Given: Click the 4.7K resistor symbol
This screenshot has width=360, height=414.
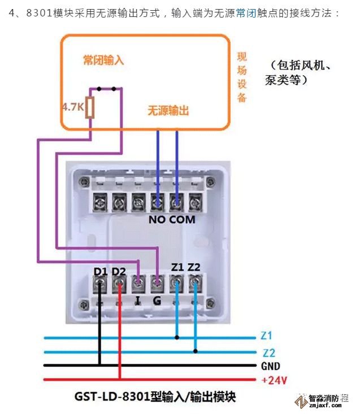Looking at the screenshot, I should [x=89, y=106].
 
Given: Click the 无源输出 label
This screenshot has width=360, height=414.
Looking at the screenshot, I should [x=168, y=111].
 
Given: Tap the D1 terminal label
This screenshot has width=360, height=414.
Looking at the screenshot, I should [x=101, y=272].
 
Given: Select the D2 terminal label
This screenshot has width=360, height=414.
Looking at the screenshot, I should [x=119, y=272].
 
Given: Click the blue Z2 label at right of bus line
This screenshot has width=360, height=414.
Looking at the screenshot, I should [x=268, y=352].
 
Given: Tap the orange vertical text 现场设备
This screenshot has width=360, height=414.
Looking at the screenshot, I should [x=242, y=76].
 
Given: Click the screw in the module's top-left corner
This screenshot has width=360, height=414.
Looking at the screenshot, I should [x=85, y=182].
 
